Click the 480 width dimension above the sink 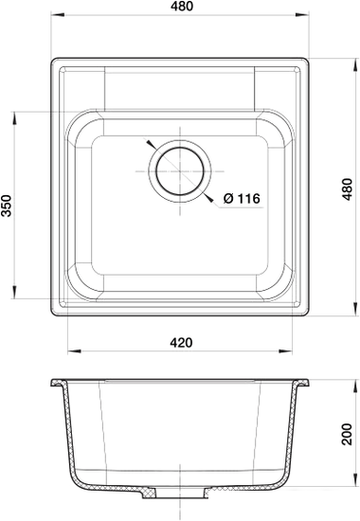tap(180, 9)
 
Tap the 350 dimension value tap(9, 207)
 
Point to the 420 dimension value tap(182, 342)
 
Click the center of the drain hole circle tap(179, 171)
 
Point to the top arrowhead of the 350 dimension tap(18, 116)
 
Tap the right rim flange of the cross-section tap(303, 385)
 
